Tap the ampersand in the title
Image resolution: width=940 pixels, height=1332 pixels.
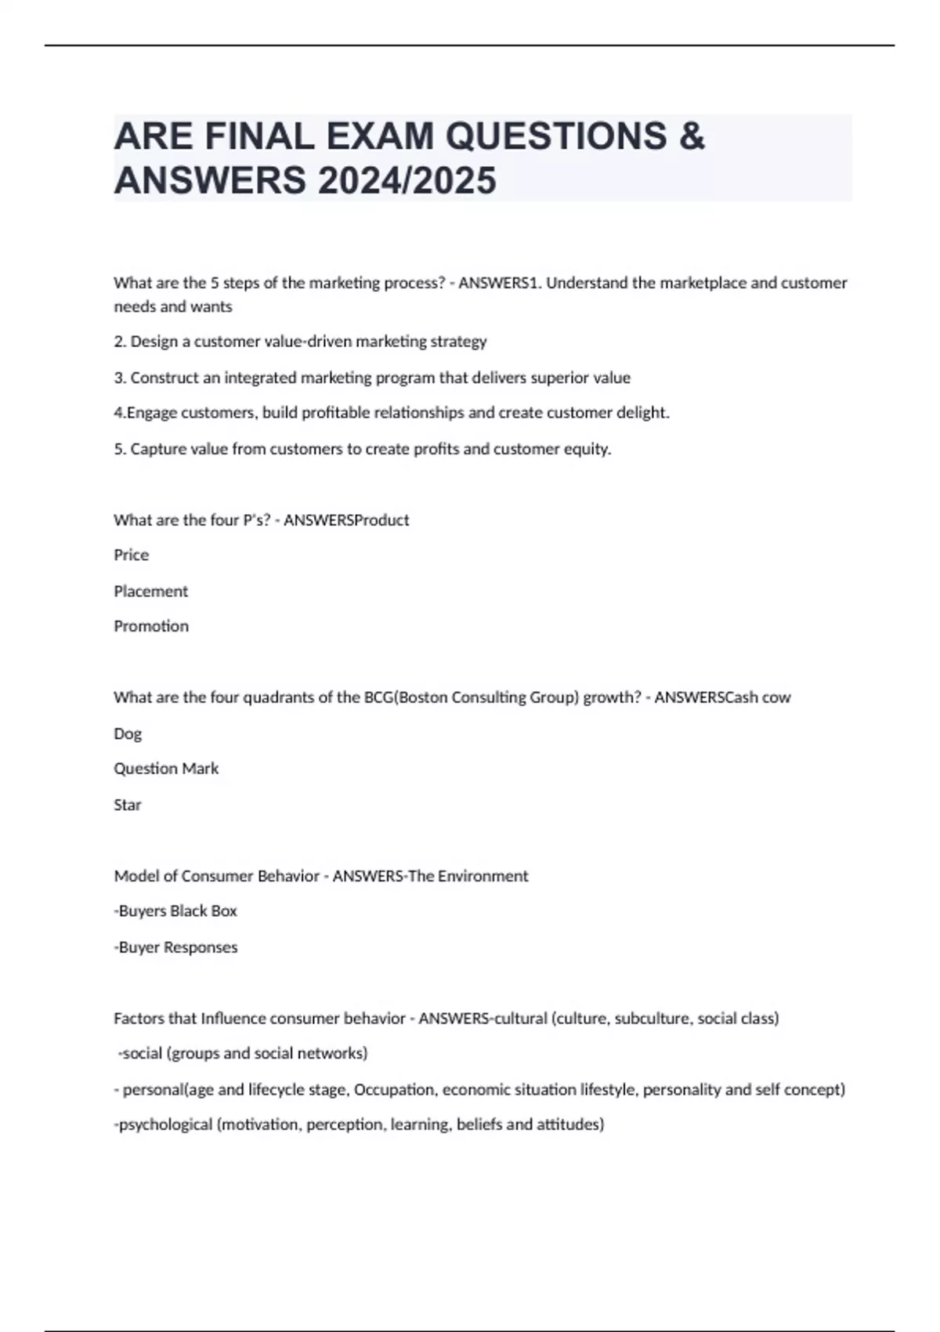point(692,136)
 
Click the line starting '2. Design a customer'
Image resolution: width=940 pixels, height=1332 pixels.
point(300,342)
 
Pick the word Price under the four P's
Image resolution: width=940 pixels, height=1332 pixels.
point(131,555)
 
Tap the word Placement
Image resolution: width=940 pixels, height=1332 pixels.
point(150,591)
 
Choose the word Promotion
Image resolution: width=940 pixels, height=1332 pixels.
point(150,626)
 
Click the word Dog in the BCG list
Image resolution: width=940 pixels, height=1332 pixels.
point(128,733)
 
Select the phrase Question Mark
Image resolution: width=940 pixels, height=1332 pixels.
point(166,769)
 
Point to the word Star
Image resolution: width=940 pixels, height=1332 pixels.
point(127,805)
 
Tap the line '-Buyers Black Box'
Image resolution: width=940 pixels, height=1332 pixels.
point(175,910)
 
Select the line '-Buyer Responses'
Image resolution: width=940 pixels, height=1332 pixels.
point(175,947)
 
